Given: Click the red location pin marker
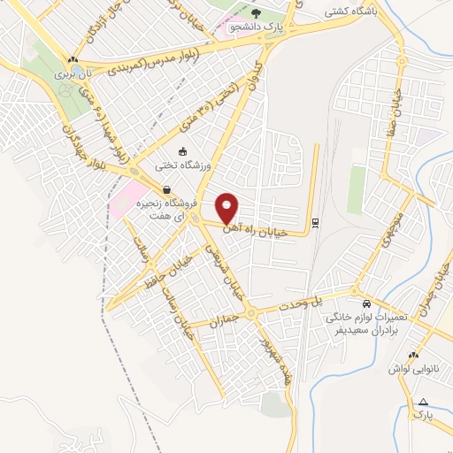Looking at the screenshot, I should (228, 208).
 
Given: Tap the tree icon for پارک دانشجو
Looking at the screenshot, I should (256, 13).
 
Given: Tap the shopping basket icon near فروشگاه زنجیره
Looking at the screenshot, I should (165, 188).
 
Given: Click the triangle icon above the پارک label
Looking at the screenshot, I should (423, 402).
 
